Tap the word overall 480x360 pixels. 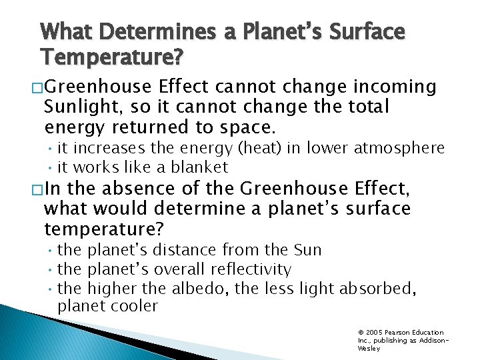pos(181,269)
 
